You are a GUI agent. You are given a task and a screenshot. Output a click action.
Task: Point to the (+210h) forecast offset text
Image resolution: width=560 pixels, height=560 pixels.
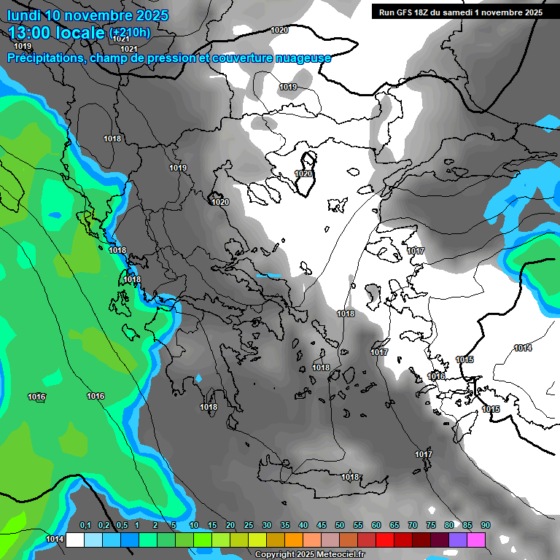130,33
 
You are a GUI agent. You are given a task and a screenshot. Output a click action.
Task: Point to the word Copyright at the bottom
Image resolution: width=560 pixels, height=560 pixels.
276,555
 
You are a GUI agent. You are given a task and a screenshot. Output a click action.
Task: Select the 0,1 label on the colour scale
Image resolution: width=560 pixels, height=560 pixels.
85,525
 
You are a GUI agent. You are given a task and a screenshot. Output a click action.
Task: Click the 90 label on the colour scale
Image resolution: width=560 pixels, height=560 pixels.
486,525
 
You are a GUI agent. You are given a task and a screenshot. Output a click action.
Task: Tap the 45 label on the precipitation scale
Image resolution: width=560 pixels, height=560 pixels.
322,525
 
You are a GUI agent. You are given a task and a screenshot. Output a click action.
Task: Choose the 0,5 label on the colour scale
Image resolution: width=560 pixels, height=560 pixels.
122,525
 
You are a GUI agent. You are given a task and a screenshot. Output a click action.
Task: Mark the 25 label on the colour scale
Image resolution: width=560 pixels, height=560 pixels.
249,525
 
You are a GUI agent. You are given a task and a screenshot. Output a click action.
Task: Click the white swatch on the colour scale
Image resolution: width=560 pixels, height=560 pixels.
75,540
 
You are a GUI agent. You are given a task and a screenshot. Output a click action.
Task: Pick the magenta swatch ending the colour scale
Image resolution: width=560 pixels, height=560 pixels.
476,540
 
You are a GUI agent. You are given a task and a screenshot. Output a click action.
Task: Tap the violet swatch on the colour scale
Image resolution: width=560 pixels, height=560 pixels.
458,540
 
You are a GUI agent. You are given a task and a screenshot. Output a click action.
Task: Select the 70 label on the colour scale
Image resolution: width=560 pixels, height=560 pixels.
413,525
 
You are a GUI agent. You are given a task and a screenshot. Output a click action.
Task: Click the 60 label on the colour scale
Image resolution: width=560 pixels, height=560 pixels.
376,525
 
